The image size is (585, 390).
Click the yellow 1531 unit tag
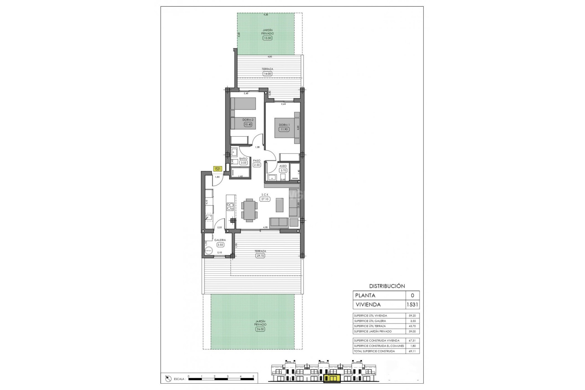tap(217, 169)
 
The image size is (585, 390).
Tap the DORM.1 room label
tap(284, 125)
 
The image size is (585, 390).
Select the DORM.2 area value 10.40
tap(248, 124)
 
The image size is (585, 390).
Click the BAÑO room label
tap(243, 159)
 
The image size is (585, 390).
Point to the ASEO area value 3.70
tap(283, 171)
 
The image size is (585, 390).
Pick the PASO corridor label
tap(257, 161)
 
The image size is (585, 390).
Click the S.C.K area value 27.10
tap(265, 199)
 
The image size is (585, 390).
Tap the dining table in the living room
tap(250, 209)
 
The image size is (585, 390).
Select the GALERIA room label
tap(220, 240)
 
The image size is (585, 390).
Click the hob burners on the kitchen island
tap(230, 207)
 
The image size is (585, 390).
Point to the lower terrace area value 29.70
tap(260, 256)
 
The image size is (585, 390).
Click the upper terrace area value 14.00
tap(267, 74)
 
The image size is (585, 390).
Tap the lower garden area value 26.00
tap(260, 329)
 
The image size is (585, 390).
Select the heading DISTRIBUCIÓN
tap(387, 286)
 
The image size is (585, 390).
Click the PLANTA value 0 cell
tap(413, 296)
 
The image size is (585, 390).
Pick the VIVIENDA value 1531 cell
tap(413, 304)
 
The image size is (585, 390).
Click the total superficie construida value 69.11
tap(412, 351)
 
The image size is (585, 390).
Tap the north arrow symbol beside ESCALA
tap(168, 379)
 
